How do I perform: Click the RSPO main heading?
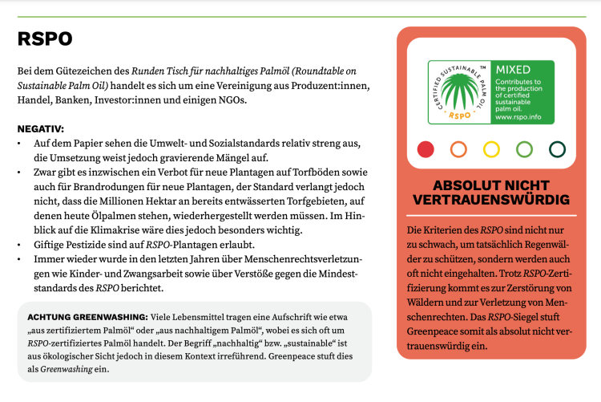coord(45,39)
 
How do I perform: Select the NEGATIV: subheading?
coord(41,128)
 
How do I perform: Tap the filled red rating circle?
coord(426,148)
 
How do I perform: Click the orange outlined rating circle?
coord(459,148)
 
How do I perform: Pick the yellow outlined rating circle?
coord(492,148)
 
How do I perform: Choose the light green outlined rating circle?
coord(525,148)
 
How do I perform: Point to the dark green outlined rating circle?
coord(558,148)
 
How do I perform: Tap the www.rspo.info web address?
coord(520,116)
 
